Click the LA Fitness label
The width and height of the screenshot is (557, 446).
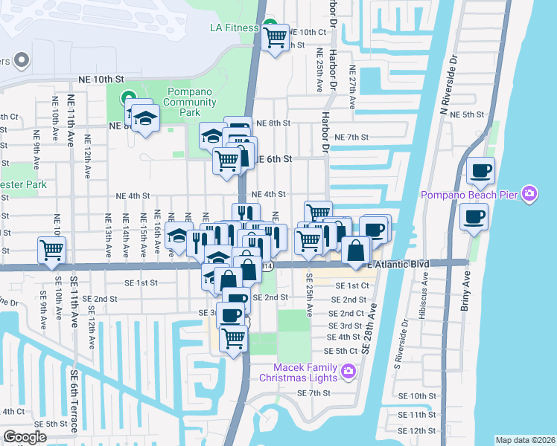(x=233, y=28)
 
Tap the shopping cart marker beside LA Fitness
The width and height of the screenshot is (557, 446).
(x=276, y=37)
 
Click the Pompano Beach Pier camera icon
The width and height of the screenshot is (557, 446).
(x=529, y=195)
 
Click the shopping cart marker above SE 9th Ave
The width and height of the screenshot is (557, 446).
(x=51, y=251)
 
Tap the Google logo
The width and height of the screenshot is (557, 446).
(x=25, y=437)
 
